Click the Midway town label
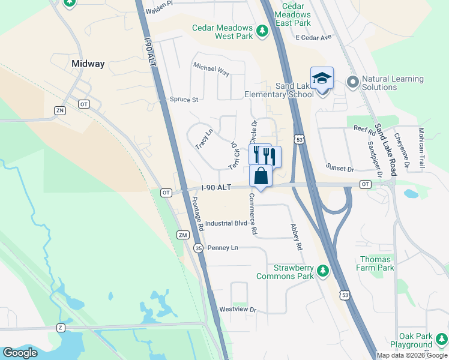88,64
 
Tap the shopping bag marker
261,176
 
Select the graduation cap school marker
322,79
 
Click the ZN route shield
59,110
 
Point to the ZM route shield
183,235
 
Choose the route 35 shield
199,247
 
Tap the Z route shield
60,328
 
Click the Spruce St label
184,100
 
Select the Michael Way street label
211,70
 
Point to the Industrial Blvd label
226,223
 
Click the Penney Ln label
223,248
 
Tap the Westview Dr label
238,310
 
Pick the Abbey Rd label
295,238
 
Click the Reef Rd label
364,128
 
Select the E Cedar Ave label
313,37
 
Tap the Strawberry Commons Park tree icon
323,272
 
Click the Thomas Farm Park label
376,263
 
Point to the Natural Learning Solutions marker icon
352,81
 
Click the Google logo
20,353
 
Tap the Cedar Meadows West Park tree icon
262,30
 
